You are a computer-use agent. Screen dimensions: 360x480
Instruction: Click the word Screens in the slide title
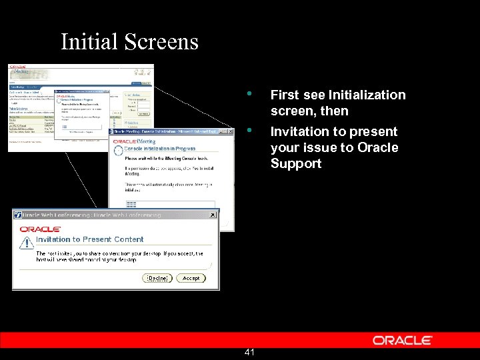[162, 42]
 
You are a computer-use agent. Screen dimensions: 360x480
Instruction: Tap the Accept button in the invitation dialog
[191, 278]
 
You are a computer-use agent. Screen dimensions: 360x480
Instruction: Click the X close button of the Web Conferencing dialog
[213, 215]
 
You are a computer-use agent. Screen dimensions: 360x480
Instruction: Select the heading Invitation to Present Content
[89, 239]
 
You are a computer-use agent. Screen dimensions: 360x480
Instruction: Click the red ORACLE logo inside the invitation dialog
[41, 229]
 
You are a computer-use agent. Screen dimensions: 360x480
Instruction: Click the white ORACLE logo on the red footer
[403, 340]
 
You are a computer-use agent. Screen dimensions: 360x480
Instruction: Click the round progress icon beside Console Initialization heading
[118, 151]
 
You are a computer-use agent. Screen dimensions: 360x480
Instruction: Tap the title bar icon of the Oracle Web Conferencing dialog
[18, 215]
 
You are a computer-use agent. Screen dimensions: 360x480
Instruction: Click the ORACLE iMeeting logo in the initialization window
[134, 141]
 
